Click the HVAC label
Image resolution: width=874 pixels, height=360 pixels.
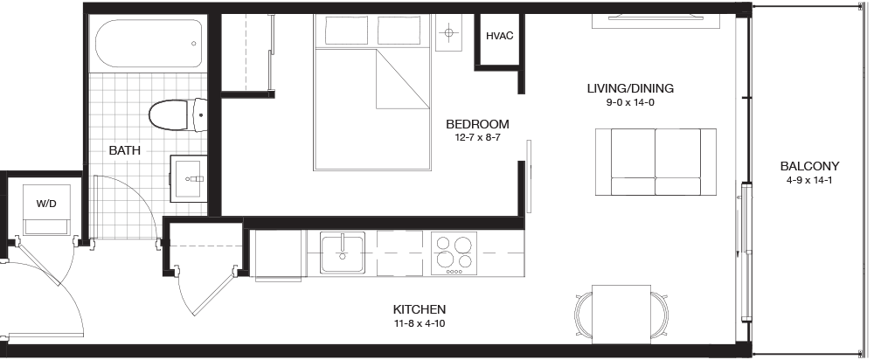(x=499, y=36)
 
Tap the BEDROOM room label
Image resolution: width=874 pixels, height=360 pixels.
(x=477, y=124)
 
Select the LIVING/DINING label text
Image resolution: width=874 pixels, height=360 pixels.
(x=630, y=88)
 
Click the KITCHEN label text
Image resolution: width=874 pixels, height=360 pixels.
(x=420, y=309)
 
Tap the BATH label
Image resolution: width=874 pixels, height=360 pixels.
(x=124, y=150)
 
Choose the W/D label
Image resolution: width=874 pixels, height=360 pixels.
(x=46, y=204)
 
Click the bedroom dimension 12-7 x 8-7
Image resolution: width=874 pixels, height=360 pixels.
(x=477, y=137)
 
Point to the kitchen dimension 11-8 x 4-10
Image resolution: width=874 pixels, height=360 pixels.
(x=420, y=323)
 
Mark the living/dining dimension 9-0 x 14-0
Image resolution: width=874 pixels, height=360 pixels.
(x=630, y=102)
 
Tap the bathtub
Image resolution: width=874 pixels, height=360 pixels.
(x=149, y=44)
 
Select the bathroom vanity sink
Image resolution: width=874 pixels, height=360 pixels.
(x=189, y=179)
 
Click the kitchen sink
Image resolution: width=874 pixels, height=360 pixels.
(x=343, y=253)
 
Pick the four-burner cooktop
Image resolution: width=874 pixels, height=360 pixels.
(x=454, y=253)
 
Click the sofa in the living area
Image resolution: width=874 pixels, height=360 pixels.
(x=655, y=162)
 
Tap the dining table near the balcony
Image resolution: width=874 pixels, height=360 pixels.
(x=621, y=315)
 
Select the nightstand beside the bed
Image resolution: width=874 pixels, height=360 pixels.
(x=448, y=33)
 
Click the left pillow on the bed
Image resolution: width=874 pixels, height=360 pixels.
(x=346, y=30)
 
